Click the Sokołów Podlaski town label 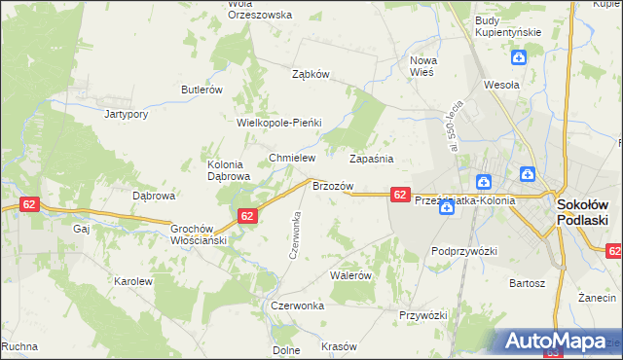(582, 213)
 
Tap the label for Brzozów (331, 185)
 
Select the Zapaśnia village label (371, 158)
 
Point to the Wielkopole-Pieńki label (279, 124)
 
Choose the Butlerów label (202, 90)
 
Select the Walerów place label (351, 275)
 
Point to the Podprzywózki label (464, 251)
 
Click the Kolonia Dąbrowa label (229, 170)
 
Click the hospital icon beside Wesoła (521, 57)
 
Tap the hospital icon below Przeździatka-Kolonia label (446, 221)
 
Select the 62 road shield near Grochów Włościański (247, 216)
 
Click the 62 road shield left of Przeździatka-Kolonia (400, 196)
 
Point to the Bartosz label (526, 283)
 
